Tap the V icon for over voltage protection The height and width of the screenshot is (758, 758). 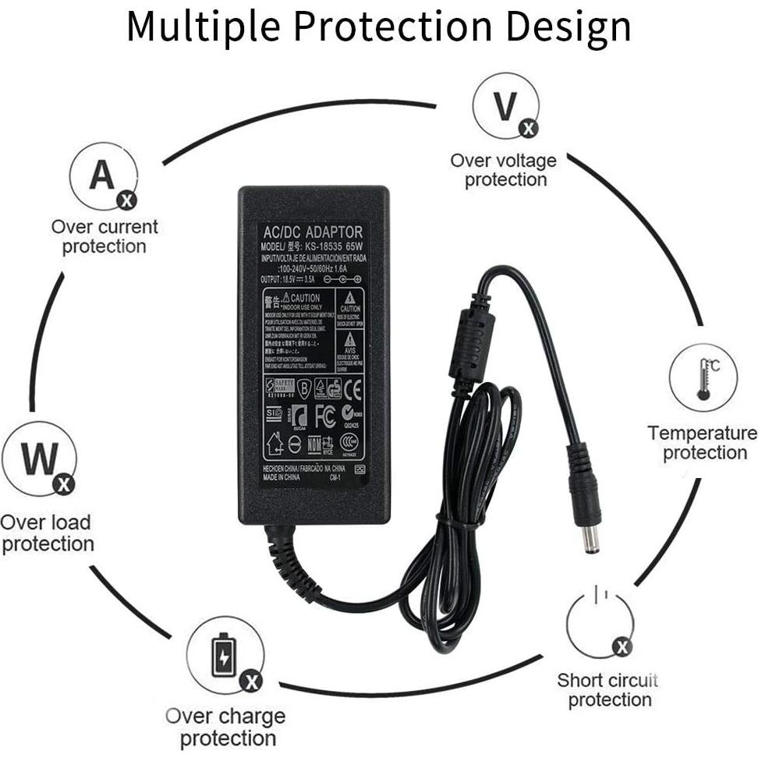point(505,109)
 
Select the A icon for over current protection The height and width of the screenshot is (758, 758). point(103,177)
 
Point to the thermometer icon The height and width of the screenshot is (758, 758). point(704,377)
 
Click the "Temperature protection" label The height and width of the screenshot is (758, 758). point(702,443)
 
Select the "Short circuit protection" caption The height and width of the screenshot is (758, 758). point(608,690)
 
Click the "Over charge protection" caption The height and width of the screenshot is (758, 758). point(226,727)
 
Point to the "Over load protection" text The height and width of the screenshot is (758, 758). point(47,533)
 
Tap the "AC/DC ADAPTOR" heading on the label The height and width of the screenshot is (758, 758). point(313,232)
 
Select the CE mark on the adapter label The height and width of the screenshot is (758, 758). point(353,388)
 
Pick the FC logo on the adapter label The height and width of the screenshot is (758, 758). point(325,416)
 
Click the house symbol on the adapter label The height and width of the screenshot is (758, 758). point(274,445)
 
